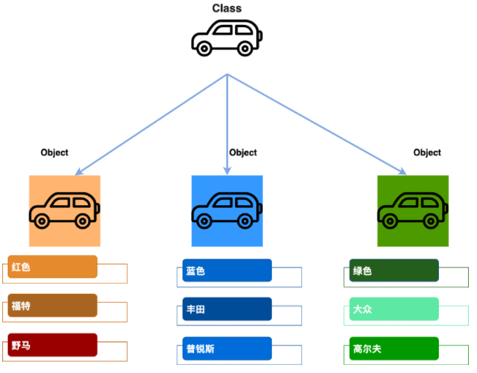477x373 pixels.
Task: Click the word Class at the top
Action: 227,8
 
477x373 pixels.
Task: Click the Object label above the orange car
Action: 54,152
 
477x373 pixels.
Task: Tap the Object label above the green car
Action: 427,152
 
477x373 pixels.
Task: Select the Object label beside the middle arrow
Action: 243,152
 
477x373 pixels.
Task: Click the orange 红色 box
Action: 52,267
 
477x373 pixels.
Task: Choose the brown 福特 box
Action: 52,306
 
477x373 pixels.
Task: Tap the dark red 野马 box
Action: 52,345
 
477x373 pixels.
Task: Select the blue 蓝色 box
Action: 227,270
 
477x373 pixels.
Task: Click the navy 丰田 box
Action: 227,309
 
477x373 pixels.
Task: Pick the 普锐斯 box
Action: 227,349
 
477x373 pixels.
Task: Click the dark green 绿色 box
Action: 394,270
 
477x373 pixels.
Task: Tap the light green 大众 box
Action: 394,309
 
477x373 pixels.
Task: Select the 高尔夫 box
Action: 394,349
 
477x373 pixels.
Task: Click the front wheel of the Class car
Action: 204,48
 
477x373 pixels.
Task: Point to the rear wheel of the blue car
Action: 245,221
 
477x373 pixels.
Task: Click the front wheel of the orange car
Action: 42,221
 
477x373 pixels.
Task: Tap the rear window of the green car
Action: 429,202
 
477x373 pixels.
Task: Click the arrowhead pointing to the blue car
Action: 227,171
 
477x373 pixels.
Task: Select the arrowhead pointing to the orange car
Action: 79,171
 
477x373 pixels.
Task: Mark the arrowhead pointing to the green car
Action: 403,171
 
